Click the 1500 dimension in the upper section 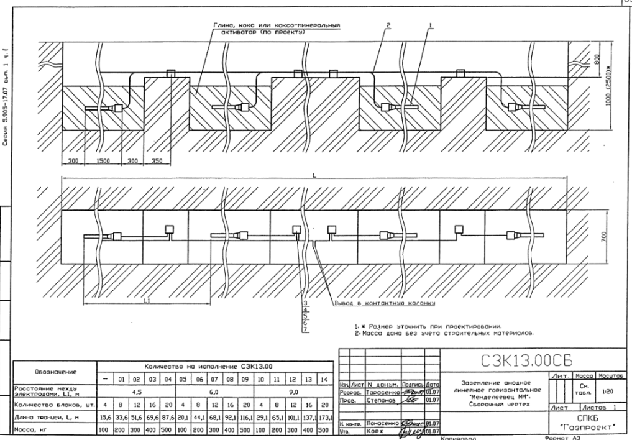(x=103, y=160)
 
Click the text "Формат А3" (x=574, y=437)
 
